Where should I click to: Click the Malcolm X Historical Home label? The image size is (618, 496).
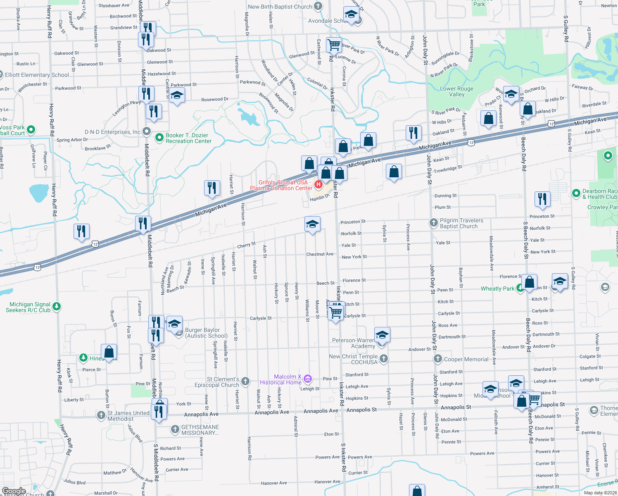280,379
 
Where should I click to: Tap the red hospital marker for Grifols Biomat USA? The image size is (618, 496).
319,184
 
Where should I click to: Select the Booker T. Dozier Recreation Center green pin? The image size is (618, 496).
159,138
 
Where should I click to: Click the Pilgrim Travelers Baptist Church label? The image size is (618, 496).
461,223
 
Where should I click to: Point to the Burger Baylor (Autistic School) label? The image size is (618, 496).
206,333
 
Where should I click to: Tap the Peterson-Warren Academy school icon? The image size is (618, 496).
382,335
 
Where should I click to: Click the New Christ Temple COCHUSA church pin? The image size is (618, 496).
384,358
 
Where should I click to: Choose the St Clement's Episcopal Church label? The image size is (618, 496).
217,382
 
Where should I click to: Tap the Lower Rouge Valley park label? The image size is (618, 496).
456,91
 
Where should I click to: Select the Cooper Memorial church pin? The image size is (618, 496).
438,358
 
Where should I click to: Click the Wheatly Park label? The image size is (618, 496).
497,289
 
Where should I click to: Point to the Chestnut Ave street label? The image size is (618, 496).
319,254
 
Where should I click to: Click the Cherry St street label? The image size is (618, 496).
246,245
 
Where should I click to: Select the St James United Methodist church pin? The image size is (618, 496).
101,415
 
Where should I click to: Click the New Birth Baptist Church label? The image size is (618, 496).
280,7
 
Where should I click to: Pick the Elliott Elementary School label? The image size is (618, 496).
37,75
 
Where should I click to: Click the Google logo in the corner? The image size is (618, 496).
14,491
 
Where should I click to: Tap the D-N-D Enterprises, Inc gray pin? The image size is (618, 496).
147,131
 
